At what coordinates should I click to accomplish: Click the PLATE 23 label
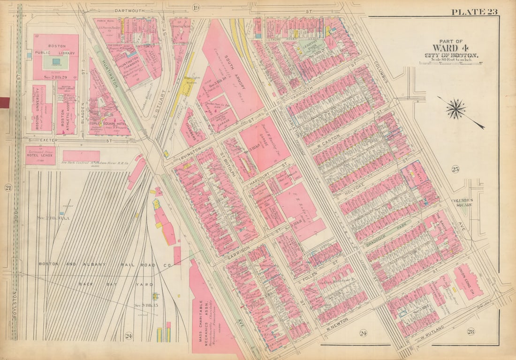(x=474, y=12)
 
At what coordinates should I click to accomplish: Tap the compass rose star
(x=455, y=109)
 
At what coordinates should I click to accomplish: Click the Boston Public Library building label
(x=56, y=50)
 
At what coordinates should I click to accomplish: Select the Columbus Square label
(x=462, y=202)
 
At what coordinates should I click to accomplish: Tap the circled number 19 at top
(x=196, y=7)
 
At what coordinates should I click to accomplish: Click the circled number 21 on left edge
(x=8, y=187)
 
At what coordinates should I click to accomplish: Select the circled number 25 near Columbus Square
(x=455, y=169)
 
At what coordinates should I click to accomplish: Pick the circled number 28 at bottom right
(x=470, y=332)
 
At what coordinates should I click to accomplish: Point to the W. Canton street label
(x=327, y=139)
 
